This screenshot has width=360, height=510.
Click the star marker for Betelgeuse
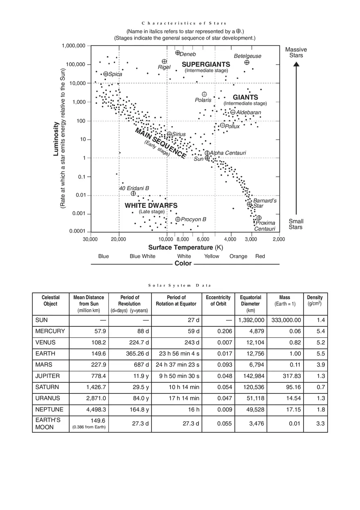247,63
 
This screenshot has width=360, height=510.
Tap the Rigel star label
164,67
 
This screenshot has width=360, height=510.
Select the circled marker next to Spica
106,74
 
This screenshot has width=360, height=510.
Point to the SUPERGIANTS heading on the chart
206,65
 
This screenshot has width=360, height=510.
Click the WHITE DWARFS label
151,205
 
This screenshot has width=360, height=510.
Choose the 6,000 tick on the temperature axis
203,239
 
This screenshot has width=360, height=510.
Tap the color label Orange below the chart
238,256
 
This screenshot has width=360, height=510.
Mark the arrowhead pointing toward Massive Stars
296,64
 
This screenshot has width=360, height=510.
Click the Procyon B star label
193,220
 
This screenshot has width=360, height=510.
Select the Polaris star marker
204,94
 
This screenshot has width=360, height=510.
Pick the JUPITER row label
47,376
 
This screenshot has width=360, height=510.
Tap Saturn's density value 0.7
321,387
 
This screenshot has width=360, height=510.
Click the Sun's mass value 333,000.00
286,320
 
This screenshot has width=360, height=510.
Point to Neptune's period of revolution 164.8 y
139,409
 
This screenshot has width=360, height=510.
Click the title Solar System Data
180,285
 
